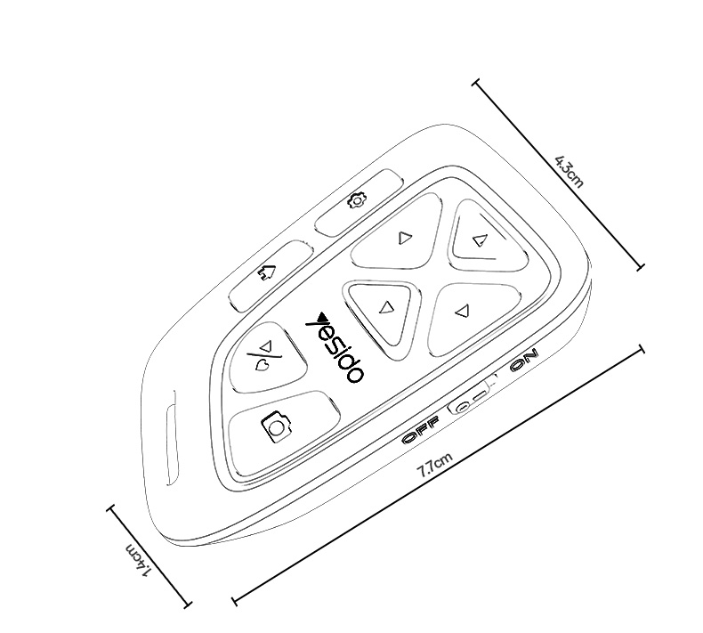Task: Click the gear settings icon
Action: point(357,200)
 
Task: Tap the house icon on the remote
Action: point(266,272)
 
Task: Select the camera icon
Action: point(276,426)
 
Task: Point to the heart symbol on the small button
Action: point(262,367)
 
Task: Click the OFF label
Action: point(421,430)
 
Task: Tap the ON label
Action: point(524,361)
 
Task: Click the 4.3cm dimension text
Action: point(570,171)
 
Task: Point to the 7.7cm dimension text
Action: point(435,465)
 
